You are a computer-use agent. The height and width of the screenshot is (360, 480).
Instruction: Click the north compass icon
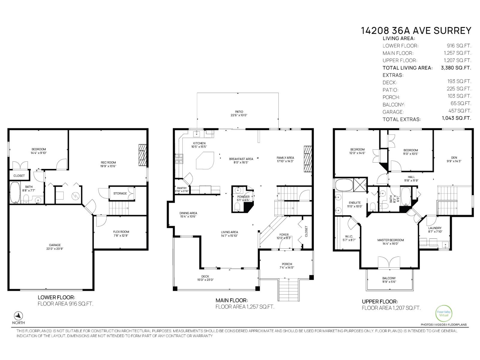tap(19, 316)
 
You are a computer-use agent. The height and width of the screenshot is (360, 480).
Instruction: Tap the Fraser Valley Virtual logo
tap(443, 313)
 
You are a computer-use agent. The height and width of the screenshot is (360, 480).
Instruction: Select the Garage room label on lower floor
tap(55, 245)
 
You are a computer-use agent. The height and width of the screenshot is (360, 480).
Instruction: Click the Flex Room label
tap(121, 232)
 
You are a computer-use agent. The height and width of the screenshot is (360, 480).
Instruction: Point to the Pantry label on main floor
tap(181, 188)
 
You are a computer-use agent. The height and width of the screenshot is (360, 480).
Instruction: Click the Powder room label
tap(243, 197)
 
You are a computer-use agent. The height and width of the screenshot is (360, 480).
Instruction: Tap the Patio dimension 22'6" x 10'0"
tap(239, 115)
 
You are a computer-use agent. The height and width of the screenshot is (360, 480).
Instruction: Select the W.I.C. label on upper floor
tap(349, 236)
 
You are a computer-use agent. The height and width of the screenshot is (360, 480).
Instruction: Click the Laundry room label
tap(435, 228)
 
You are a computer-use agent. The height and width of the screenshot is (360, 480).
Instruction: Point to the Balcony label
tap(389, 278)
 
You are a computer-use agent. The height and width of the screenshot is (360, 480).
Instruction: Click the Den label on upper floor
tap(454, 157)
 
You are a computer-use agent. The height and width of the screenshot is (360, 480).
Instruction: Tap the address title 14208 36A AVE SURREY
tap(416, 31)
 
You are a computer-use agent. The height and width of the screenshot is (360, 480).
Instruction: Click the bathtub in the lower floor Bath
tap(15, 193)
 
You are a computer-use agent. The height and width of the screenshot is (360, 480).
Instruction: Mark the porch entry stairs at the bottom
tap(289, 289)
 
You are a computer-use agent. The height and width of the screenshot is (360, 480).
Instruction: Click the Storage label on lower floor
tap(120, 193)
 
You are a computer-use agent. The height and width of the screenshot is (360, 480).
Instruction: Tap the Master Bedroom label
tap(390, 240)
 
